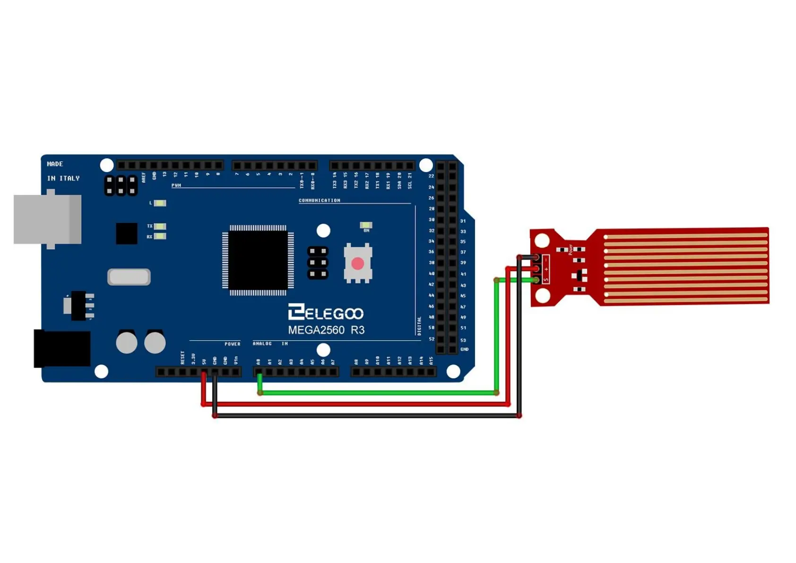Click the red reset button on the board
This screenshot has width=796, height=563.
click(358, 263)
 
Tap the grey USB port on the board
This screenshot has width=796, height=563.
click(47, 219)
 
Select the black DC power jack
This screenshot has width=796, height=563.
click(62, 349)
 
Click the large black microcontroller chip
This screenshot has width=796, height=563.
click(258, 260)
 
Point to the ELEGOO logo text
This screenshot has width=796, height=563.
click(326, 313)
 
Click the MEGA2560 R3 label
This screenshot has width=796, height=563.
click(326, 330)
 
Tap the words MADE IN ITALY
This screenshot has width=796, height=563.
click(63, 171)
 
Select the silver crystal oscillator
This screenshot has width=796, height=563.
click(129, 277)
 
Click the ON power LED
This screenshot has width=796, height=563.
click(366, 225)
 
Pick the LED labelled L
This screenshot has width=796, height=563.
click(160, 203)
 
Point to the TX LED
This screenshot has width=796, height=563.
click(160, 226)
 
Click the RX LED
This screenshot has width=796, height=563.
click(160, 236)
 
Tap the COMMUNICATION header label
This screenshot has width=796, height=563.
click(319, 200)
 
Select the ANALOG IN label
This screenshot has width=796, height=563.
click(270, 344)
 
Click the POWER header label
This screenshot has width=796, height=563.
click(232, 344)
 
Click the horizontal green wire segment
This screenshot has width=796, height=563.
click(378, 393)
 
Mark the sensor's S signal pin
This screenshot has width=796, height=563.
click(536, 280)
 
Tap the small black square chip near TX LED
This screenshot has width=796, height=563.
click(127, 234)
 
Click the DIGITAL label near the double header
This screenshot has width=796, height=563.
click(419, 326)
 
